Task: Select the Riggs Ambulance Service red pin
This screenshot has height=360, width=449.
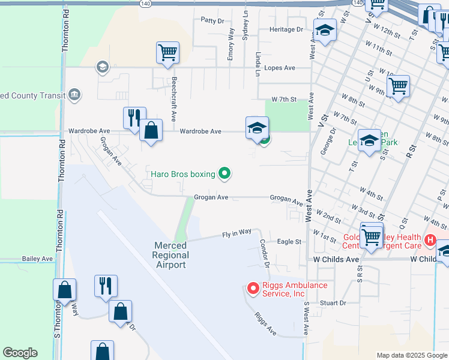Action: [x=253, y=289]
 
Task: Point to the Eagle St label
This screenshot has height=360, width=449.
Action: [x=289, y=241]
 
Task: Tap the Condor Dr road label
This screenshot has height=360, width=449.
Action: [x=265, y=254]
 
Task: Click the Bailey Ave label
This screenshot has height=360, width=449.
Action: [x=38, y=259]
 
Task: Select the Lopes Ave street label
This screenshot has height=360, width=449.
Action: [x=279, y=68]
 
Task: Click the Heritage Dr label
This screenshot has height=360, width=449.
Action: [x=286, y=29]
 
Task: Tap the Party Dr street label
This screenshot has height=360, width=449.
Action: [x=212, y=20]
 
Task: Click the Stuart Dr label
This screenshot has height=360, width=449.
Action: [x=334, y=303]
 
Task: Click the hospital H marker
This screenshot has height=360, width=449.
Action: [x=430, y=241]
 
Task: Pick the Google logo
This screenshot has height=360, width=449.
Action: [x=20, y=353]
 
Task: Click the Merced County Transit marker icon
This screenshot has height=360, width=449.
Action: [x=75, y=95]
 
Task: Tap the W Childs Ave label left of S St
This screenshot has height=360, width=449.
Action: [x=336, y=259]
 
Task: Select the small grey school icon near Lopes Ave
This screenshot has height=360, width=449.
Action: [x=103, y=67]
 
